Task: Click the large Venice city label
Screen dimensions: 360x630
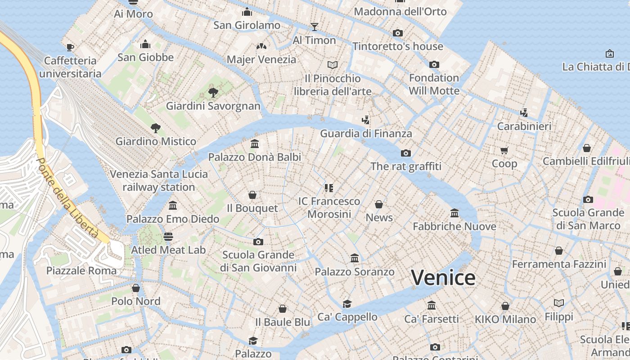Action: pos(443,278)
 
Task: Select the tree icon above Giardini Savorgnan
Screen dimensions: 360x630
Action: pos(213,93)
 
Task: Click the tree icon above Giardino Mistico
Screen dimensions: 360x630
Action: pos(156,128)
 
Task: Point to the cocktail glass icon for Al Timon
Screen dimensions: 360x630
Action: pos(315,27)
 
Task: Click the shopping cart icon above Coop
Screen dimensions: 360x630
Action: pos(504,150)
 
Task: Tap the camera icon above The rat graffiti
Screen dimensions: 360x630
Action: pos(406,153)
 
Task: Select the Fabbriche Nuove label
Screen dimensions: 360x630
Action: pos(454,226)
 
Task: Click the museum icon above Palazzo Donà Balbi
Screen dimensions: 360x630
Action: pos(255,144)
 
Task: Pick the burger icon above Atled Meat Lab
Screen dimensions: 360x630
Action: pos(168,236)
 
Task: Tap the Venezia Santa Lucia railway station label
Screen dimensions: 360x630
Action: pos(159,180)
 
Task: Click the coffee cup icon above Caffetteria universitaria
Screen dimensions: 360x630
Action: pos(70,47)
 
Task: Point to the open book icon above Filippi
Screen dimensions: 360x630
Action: pos(559,303)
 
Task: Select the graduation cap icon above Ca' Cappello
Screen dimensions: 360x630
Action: pos(347,304)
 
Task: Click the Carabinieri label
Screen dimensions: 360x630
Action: pos(524,126)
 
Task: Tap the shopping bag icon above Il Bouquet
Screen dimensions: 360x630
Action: pos(252,195)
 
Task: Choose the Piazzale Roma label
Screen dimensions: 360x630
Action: pos(81,270)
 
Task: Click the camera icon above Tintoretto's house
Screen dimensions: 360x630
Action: pos(398,33)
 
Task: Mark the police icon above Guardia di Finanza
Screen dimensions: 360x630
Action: pos(366,120)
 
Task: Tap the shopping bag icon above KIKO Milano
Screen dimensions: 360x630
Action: pos(505,306)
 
